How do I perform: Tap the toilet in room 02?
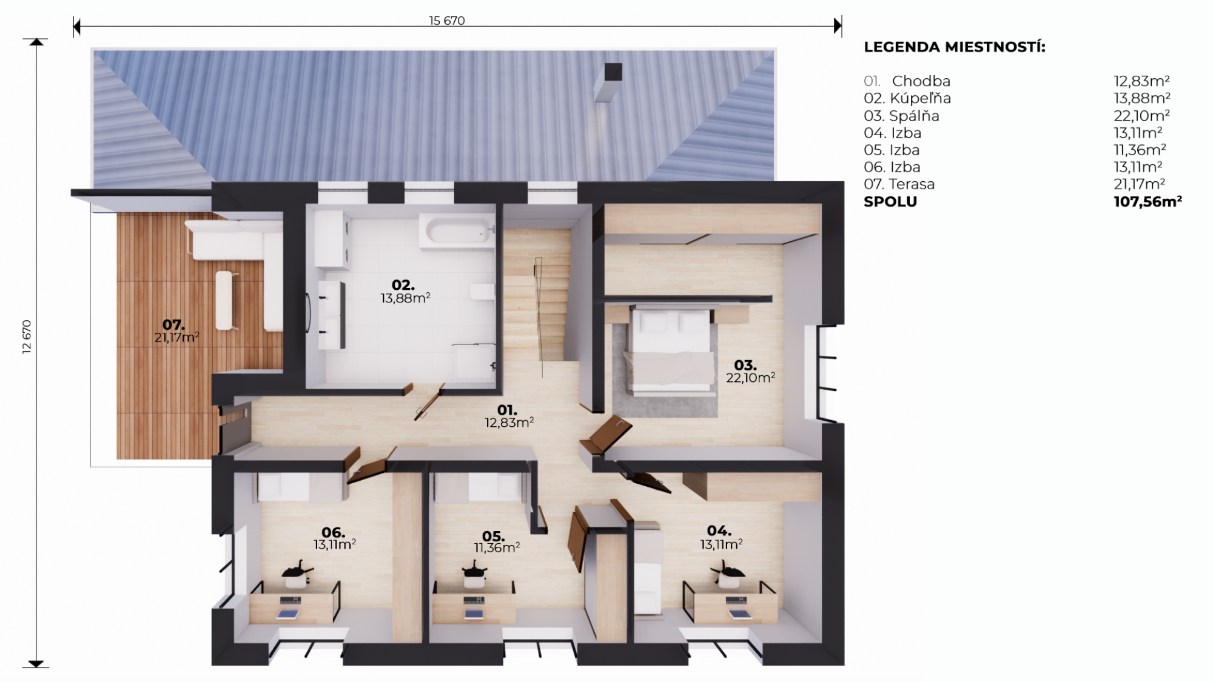[482, 292]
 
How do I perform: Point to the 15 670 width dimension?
[447, 21]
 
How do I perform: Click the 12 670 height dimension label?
[27, 337]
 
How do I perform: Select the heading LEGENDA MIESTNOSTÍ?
[955, 47]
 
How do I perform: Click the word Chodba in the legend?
[921, 81]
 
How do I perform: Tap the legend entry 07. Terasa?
[899, 184]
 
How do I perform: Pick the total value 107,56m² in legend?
[1147, 201]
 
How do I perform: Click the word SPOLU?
[890, 202]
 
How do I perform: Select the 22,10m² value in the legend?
[1141, 115]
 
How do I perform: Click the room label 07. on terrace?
[173, 325]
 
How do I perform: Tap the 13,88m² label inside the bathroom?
[405, 298]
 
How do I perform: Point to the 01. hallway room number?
[507, 410]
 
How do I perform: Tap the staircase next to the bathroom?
[537, 296]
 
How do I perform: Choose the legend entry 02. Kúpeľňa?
[907, 98]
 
